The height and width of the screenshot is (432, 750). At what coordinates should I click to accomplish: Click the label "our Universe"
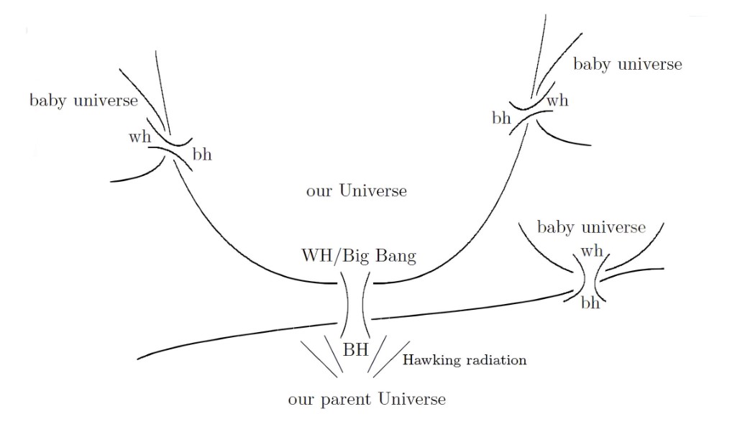(x=356, y=191)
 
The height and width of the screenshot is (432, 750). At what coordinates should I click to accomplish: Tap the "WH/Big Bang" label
(x=358, y=256)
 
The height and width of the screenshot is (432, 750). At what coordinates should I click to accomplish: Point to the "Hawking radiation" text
(x=464, y=360)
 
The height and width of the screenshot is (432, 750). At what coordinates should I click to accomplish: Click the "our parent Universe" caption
(x=366, y=398)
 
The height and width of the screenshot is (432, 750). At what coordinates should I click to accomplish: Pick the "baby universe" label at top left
(x=83, y=100)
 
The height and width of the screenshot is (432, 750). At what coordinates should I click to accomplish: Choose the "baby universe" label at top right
(x=627, y=64)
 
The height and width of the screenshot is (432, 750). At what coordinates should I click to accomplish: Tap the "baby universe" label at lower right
(x=591, y=228)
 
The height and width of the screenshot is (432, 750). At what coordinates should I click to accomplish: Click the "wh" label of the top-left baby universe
(x=140, y=137)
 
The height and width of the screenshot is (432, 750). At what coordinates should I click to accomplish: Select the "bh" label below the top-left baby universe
(x=202, y=155)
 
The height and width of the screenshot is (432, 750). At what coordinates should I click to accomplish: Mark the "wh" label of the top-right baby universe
(x=557, y=101)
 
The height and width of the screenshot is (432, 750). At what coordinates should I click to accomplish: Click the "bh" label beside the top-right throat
(x=502, y=118)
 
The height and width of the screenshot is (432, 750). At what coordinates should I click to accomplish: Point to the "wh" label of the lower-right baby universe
(x=591, y=251)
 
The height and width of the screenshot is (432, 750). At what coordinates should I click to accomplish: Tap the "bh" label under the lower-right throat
(x=590, y=303)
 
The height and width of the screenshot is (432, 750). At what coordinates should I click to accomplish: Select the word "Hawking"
(x=430, y=360)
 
